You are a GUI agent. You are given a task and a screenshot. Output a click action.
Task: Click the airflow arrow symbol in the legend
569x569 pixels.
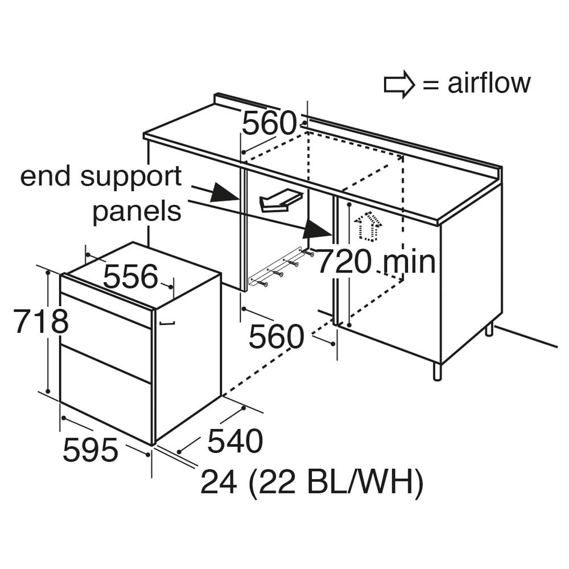click(x=399, y=84)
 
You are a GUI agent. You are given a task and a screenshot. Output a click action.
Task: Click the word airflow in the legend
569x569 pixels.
click(x=489, y=83)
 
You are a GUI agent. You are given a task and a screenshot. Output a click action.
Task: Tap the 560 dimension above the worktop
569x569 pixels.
click(x=269, y=123)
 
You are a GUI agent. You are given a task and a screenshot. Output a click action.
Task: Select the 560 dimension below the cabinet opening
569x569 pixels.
click(x=276, y=336)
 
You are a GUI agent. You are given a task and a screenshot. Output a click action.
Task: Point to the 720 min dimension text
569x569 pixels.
click(x=376, y=261)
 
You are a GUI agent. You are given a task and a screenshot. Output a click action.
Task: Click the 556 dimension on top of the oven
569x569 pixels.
click(x=131, y=276)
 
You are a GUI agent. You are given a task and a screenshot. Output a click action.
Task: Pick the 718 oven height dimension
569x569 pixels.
click(x=41, y=321)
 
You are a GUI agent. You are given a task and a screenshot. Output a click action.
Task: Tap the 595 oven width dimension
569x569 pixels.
click(x=90, y=450)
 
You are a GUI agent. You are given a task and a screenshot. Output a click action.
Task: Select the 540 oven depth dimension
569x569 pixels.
click(x=235, y=441)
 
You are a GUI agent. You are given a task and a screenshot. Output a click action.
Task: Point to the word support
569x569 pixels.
click(x=131, y=178)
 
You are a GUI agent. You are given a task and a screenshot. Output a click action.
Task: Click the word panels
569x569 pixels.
click(x=137, y=211)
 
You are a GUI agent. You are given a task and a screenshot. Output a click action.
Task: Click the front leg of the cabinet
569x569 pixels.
click(x=438, y=370)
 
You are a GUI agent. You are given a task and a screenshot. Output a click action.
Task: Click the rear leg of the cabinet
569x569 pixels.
click(x=489, y=328)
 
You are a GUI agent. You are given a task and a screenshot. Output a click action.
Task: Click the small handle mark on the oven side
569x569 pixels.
click(x=167, y=322)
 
